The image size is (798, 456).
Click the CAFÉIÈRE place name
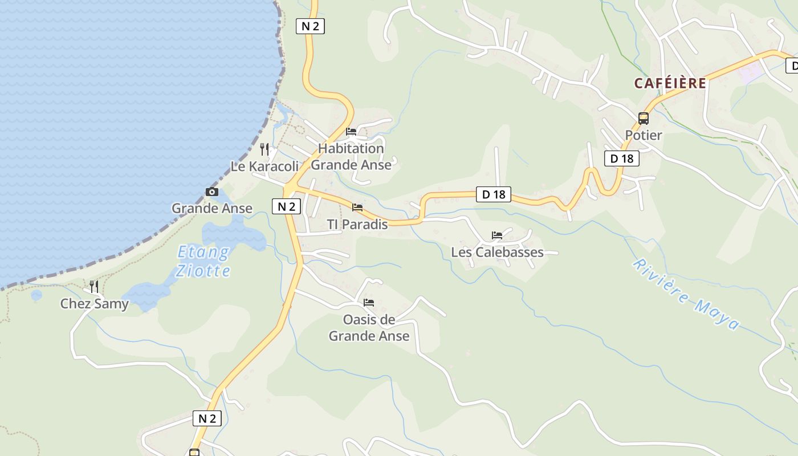pyautogui.click(x=670, y=83)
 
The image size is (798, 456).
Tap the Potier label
pyautogui.click(x=644, y=135)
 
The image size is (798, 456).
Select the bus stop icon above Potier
pyautogui.click(x=644, y=119)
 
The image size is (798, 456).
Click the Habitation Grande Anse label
pyautogui.click(x=351, y=157)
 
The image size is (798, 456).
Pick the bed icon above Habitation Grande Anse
pyautogui.click(x=351, y=132)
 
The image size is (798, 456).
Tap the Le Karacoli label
pyautogui.click(x=264, y=166)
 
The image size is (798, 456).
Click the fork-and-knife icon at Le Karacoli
pyautogui.click(x=264, y=149)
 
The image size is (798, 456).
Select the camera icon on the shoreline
pyautogui.click(x=211, y=192)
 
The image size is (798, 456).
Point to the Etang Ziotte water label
pyautogui.click(x=203, y=261)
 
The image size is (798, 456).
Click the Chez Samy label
pyautogui.click(x=95, y=304)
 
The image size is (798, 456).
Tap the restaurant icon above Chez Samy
pyautogui.click(x=94, y=286)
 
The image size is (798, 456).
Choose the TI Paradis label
pyautogui.click(x=357, y=225)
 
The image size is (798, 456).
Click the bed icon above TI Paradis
pyautogui.click(x=357, y=207)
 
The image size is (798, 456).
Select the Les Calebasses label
pyautogui.click(x=497, y=252)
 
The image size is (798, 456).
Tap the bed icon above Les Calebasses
pyautogui.click(x=497, y=235)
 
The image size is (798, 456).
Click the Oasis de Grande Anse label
pyautogui.click(x=369, y=328)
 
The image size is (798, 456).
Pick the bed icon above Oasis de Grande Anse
pyautogui.click(x=369, y=303)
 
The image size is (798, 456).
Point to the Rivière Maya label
pyautogui.click(x=686, y=294)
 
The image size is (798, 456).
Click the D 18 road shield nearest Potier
pyautogui.click(x=621, y=158)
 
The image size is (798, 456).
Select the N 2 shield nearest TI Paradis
pyautogui.click(x=286, y=206)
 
